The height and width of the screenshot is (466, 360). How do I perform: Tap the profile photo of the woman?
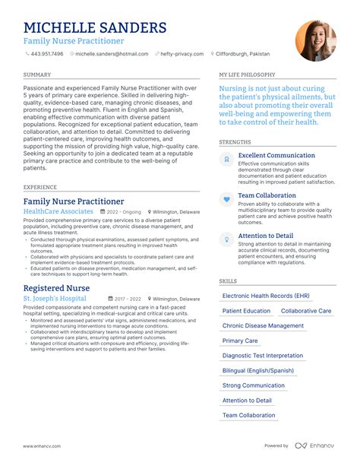tap(315, 40)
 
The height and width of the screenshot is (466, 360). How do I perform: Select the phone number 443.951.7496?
tap(46, 55)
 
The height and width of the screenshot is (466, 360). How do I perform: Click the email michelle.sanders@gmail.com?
tap(112, 55)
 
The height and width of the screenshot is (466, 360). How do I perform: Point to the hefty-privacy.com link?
tap(182, 55)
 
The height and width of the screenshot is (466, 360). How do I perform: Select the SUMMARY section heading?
tap(37, 75)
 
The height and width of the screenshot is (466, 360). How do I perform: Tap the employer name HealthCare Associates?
tap(58, 211)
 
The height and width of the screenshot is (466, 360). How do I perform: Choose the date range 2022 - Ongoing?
tap(125, 212)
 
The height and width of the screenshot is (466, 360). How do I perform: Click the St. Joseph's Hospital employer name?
tap(55, 299)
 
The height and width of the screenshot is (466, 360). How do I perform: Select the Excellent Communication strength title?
tap(276, 155)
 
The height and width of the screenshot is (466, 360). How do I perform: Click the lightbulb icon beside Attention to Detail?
tap(226, 239)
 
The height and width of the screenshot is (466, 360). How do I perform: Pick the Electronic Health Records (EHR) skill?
tap(266, 295)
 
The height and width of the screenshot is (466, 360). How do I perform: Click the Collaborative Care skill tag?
tap(306, 311)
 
